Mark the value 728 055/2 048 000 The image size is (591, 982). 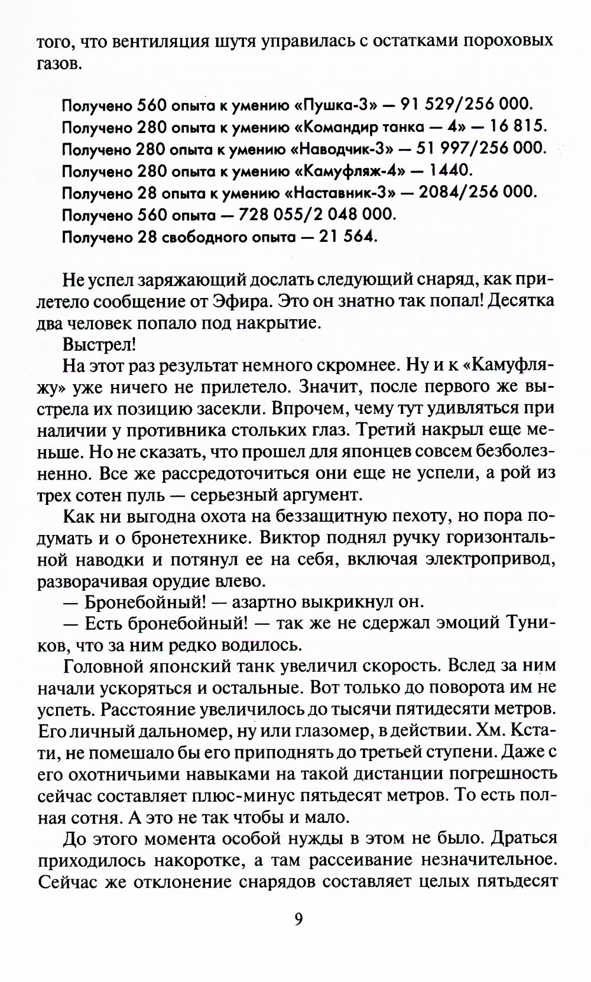click(316, 214)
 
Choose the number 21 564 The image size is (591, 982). click(348, 236)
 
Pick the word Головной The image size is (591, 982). click(105, 667)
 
